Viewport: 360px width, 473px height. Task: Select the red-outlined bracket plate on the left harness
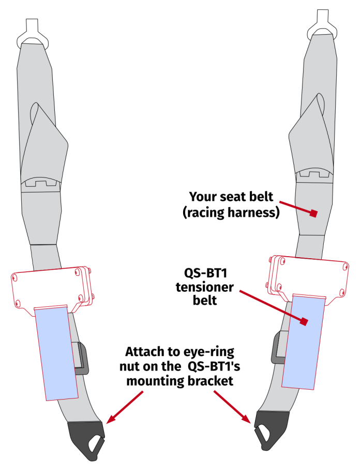pyautogui.click(x=49, y=287)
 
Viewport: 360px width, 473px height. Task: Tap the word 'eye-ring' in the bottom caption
pyautogui.click(x=207, y=353)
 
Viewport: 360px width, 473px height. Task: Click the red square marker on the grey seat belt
pyautogui.click(x=313, y=213)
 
